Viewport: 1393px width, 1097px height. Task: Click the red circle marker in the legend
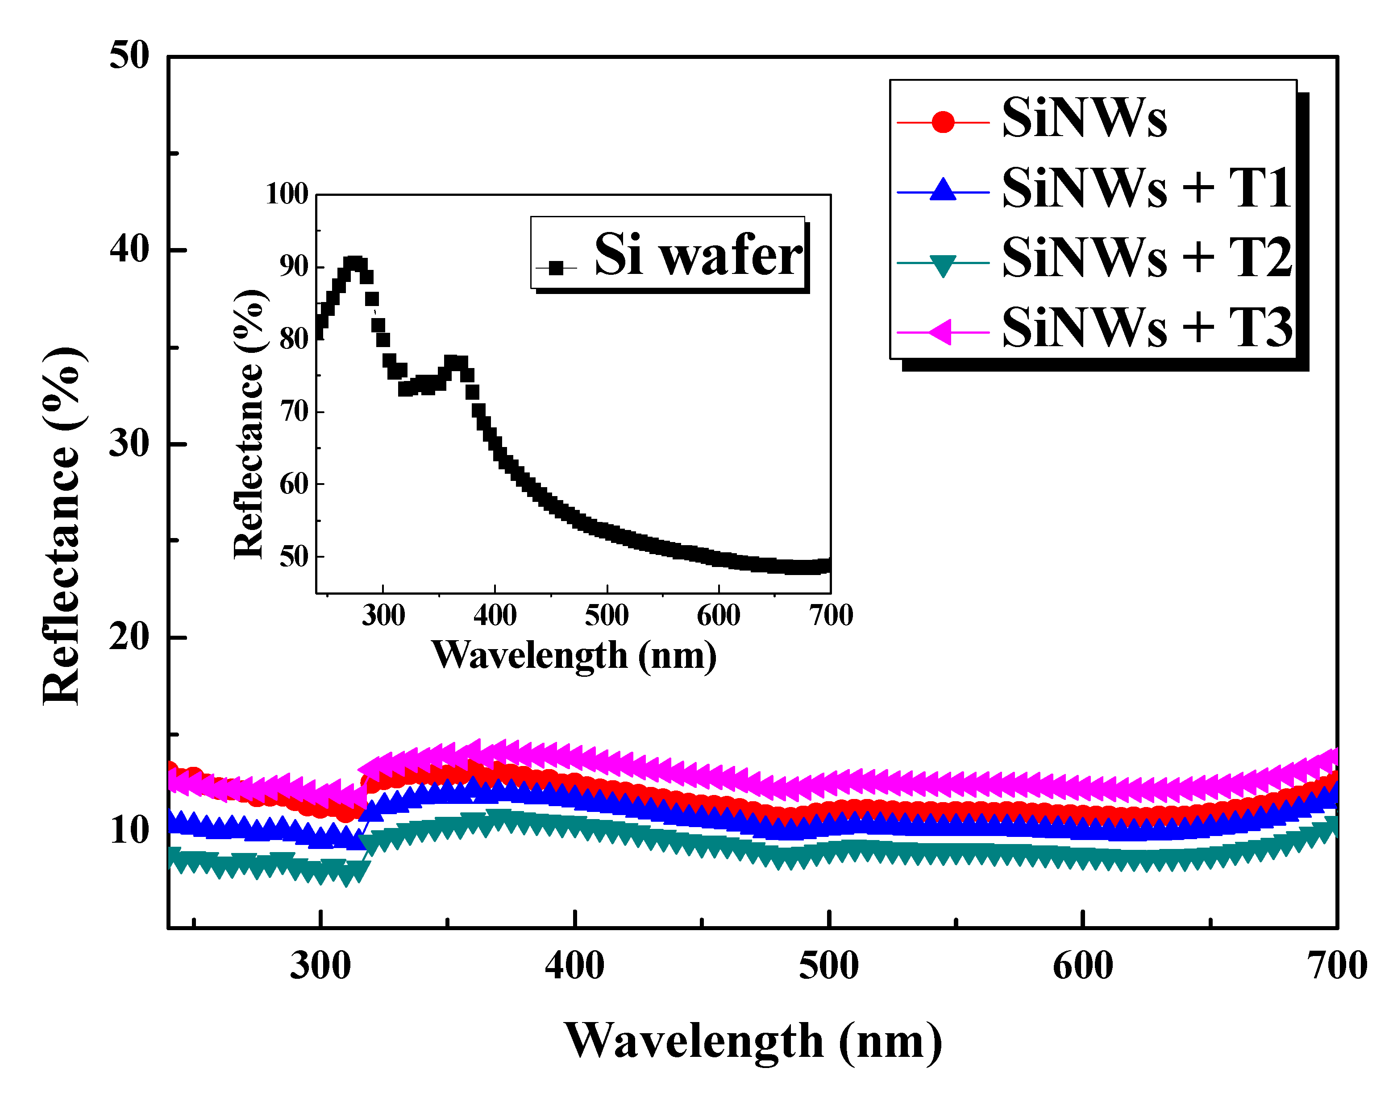pos(943,121)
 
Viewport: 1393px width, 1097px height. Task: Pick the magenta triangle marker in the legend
pos(941,332)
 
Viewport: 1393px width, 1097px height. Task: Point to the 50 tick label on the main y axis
pos(129,55)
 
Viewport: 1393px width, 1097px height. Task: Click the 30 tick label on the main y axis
pos(129,443)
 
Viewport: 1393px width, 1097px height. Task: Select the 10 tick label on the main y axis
pos(129,831)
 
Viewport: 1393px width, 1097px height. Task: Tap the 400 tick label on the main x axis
pos(574,966)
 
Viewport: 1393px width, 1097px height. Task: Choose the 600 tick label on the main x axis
pos(1083,966)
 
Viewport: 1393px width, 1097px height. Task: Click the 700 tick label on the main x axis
pos(1338,966)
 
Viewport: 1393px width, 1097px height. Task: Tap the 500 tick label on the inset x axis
pos(607,615)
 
